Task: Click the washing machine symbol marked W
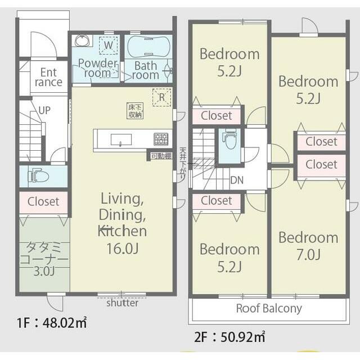pos(109,46)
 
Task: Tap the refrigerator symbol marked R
pos(162,97)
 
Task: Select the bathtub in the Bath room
pos(148,47)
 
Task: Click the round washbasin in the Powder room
pos(82,41)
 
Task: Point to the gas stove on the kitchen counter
pos(161,139)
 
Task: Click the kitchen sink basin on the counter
pos(121,139)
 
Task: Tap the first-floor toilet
pos(39,176)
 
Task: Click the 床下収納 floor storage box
pos(135,111)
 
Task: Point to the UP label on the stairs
pos(44,110)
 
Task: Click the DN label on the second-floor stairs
pos(237,180)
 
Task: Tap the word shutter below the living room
pos(123,303)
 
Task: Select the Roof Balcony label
pos(269,309)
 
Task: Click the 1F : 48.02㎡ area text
pos(52,322)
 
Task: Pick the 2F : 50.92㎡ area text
pos(230,337)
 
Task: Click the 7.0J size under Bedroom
pos(308,255)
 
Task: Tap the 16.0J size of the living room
pos(123,248)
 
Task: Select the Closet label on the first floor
pos(43,201)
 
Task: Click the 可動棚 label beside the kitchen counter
pos(161,156)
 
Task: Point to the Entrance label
pos(49,78)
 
